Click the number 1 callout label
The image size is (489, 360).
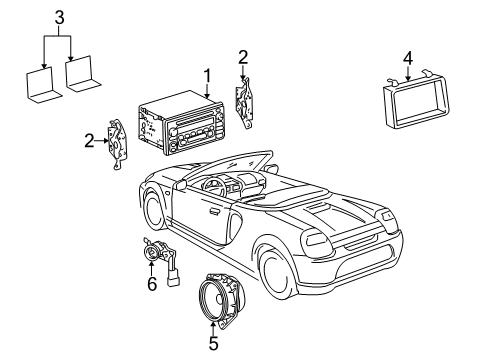[207, 74]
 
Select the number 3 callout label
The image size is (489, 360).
[59, 17]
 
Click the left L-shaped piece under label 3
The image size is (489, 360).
[40, 86]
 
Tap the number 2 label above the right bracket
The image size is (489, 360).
[243, 56]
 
